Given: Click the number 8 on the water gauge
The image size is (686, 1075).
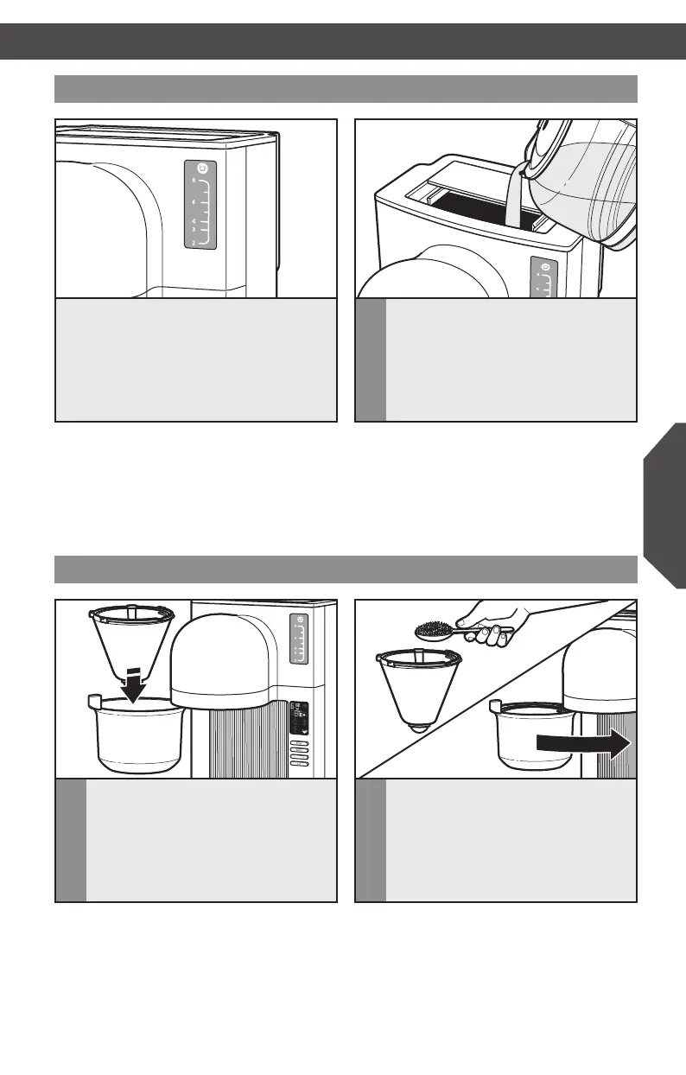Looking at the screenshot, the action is pyautogui.click(x=194, y=179).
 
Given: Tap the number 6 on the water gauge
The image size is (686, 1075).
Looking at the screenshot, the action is pyautogui.click(x=194, y=200).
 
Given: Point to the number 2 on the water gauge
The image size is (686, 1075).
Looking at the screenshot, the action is pyautogui.click(x=194, y=244).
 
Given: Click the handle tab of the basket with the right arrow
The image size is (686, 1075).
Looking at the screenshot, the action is pyautogui.click(x=495, y=706).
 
